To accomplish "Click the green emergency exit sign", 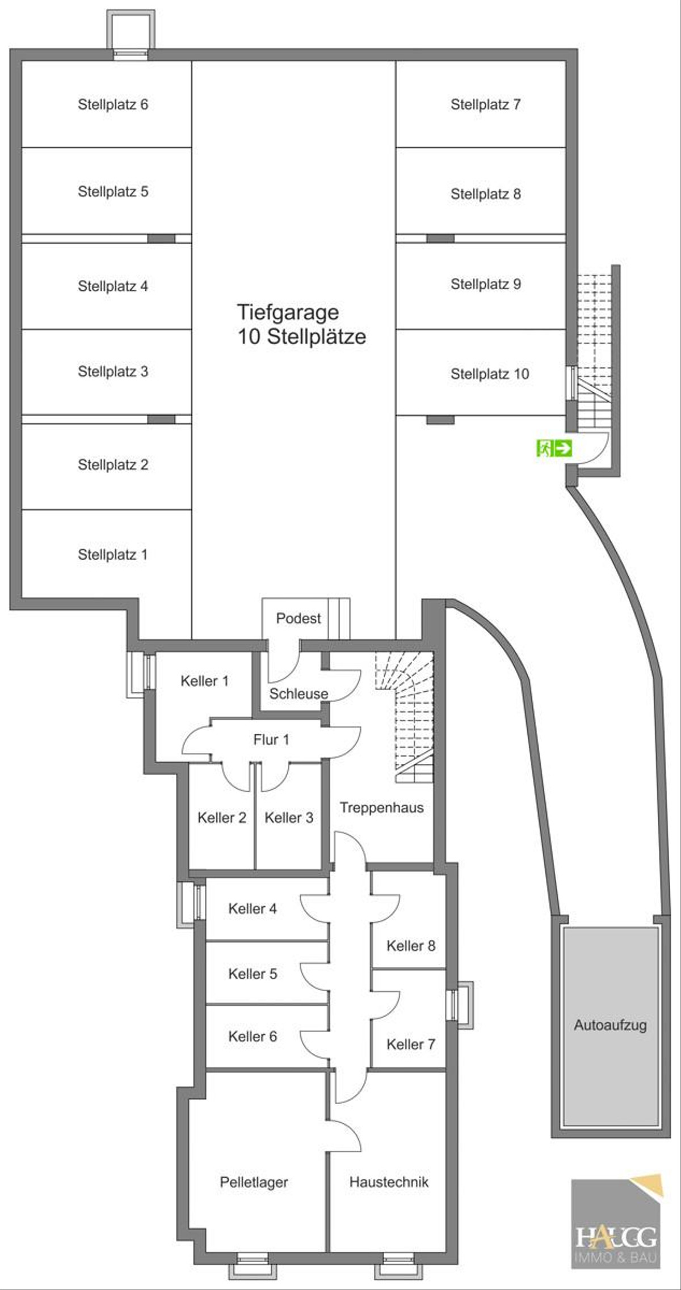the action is point(554,449).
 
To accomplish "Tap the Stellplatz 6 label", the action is point(113,104).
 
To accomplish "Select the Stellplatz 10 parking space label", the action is point(490,374).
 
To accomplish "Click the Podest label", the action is point(299,618).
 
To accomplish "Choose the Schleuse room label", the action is point(299,693).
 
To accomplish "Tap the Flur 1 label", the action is point(271,739).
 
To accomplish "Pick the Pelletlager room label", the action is point(254,1182).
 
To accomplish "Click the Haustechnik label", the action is point(389,1182).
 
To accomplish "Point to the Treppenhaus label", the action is point(381,807).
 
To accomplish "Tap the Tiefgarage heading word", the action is point(288,312).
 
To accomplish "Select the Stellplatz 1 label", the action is point(112,555).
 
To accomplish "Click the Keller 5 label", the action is point(253,974).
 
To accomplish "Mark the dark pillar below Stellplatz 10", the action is point(440,420).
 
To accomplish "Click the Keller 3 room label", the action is point(289,818).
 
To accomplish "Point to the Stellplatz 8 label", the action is point(486,194).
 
